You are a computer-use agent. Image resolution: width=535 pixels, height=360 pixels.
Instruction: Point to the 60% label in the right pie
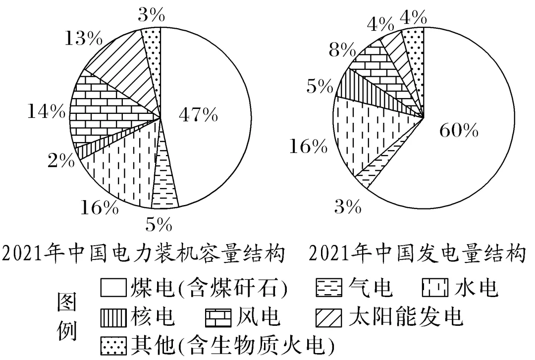click(458, 131)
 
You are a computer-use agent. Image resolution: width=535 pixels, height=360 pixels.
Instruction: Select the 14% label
click(47, 112)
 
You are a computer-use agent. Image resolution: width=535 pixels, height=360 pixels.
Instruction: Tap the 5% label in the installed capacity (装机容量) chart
click(159, 225)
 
